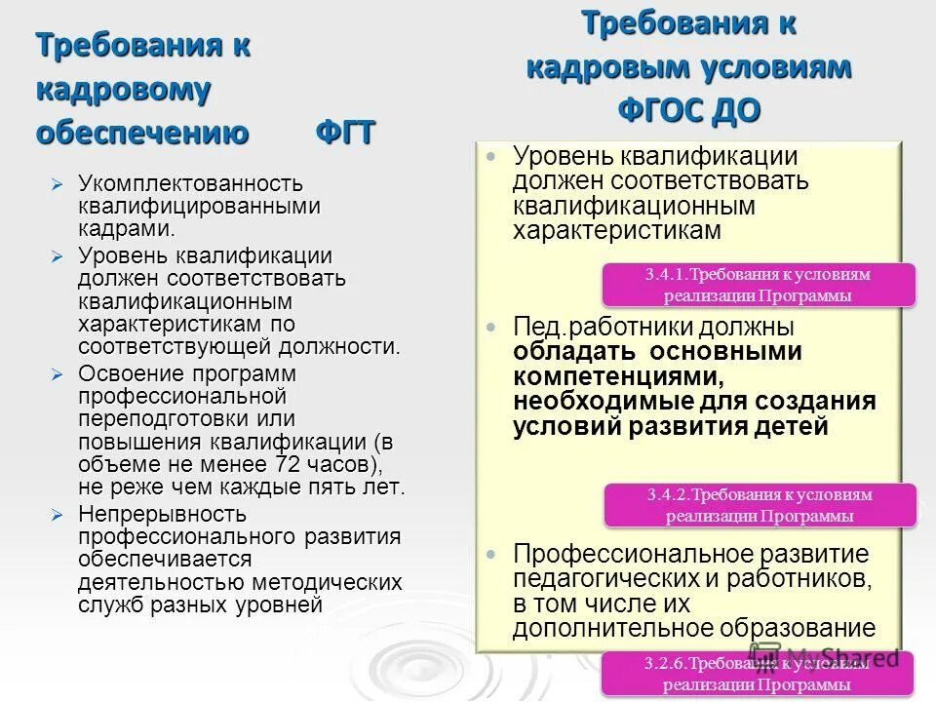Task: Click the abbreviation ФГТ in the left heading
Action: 345,132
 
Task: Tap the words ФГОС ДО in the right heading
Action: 688,110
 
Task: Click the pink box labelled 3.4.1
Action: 758,285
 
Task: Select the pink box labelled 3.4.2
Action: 759,505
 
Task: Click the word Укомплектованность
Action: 191,183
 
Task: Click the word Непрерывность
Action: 162,514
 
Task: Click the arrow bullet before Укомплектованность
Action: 58,182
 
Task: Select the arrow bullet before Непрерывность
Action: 58,514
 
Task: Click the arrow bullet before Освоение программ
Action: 58,373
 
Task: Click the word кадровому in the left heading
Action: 124,89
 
